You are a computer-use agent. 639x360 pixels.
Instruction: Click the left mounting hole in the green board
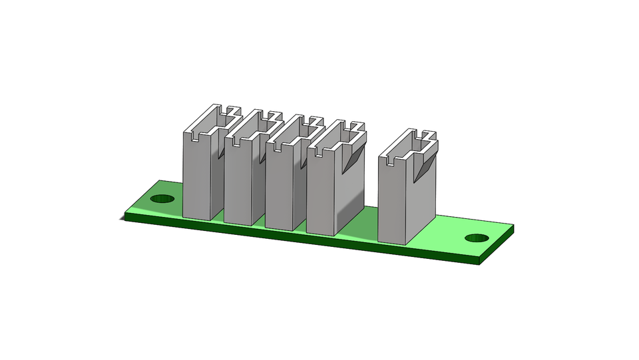(x=162, y=199)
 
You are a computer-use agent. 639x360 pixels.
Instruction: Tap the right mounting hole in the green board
(x=477, y=238)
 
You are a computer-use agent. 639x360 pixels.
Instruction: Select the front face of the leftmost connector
(x=196, y=176)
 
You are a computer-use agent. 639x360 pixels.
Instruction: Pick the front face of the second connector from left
(x=238, y=183)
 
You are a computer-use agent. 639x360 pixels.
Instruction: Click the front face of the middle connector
(x=279, y=190)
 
